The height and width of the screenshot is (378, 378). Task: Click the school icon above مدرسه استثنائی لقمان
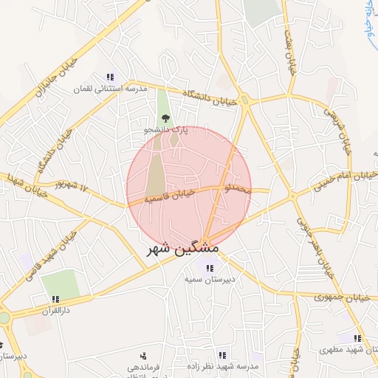click(110, 77)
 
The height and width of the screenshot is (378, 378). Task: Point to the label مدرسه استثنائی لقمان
click(109, 89)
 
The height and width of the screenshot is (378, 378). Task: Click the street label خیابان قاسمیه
click(169, 195)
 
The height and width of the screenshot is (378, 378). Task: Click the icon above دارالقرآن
click(55, 300)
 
